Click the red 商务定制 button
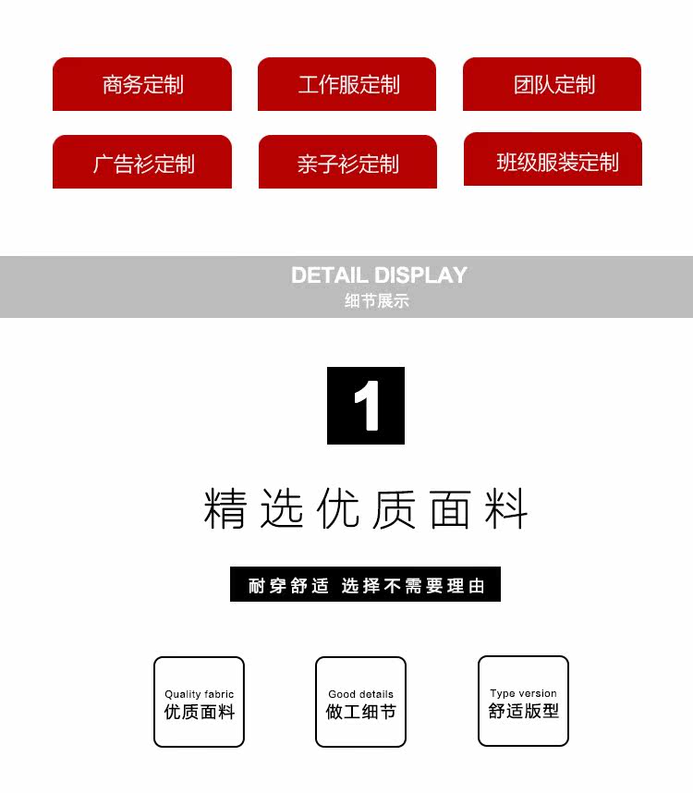[x=142, y=85]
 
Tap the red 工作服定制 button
[x=347, y=85]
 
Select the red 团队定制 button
[x=553, y=85]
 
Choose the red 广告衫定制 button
[x=142, y=163]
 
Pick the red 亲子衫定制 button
[x=347, y=163]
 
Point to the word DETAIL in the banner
[x=330, y=274]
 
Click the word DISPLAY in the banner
[x=420, y=274]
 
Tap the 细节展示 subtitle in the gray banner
[x=376, y=300]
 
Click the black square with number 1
[x=366, y=406]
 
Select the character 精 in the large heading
[x=225, y=508]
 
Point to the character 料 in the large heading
[x=506, y=508]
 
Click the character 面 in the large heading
[x=450, y=508]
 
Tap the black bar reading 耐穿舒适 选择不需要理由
[x=365, y=585]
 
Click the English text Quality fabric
[x=200, y=694]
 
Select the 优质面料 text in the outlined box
[x=200, y=713]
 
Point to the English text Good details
[x=361, y=694]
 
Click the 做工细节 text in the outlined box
[x=361, y=713]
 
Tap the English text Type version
[x=524, y=693]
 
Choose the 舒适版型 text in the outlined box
[x=524, y=712]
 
